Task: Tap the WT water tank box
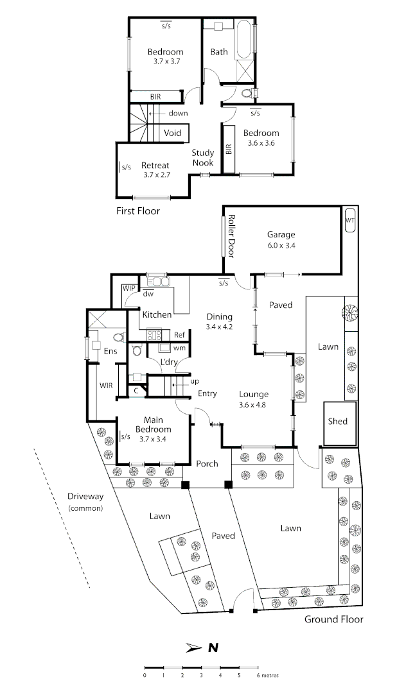coord(350,220)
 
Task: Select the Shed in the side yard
coord(337,422)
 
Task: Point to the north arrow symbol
coord(194,648)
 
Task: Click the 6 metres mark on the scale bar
coord(258,668)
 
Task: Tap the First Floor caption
coord(138,210)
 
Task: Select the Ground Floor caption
coord(333,619)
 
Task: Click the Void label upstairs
coord(172,133)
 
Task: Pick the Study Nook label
coord(203,158)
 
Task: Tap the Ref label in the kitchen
coord(179,335)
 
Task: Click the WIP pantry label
coord(128,288)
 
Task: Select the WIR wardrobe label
coord(106,386)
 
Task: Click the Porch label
coord(207,463)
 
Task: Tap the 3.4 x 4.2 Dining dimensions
coord(219,327)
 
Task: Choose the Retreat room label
coord(155,166)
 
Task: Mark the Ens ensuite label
coord(110,351)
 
